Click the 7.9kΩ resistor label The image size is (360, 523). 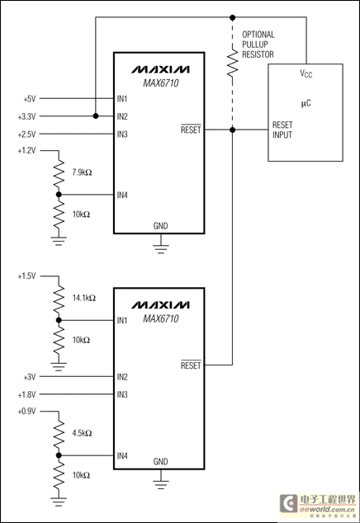[82, 172]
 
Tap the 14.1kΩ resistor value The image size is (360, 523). [84, 298]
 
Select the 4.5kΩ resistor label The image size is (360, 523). [82, 433]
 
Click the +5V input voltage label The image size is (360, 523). [30, 99]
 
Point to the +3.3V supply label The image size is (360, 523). [26, 117]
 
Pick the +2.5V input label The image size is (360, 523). [26, 134]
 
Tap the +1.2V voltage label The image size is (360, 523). [26, 151]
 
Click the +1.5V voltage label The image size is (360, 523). [26, 276]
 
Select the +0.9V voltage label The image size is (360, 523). [26, 412]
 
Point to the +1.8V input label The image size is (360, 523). [26, 395]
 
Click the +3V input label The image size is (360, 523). [30, 377]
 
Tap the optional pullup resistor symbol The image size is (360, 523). [232, 63]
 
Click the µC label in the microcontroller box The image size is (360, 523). [306, 103]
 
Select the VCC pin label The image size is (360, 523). [306, 73]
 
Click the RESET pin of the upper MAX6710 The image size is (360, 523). [191, 130]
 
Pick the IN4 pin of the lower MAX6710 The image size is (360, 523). [122, 455]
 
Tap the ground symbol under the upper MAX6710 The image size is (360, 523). [161, 249]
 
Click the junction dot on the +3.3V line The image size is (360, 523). [96, 116]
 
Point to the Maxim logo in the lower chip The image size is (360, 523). [160, 305]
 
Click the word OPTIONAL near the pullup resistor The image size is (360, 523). [258, 35]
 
